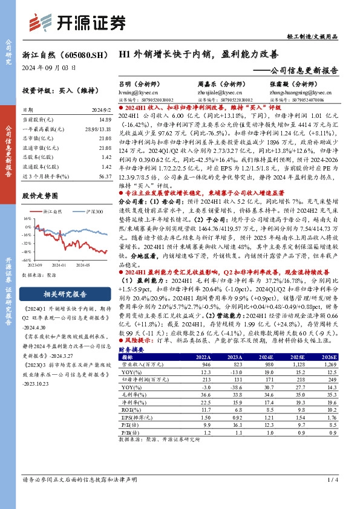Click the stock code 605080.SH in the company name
tap(80, 54)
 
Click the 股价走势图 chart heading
tap(41, 196)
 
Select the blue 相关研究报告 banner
tap(66, 294)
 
